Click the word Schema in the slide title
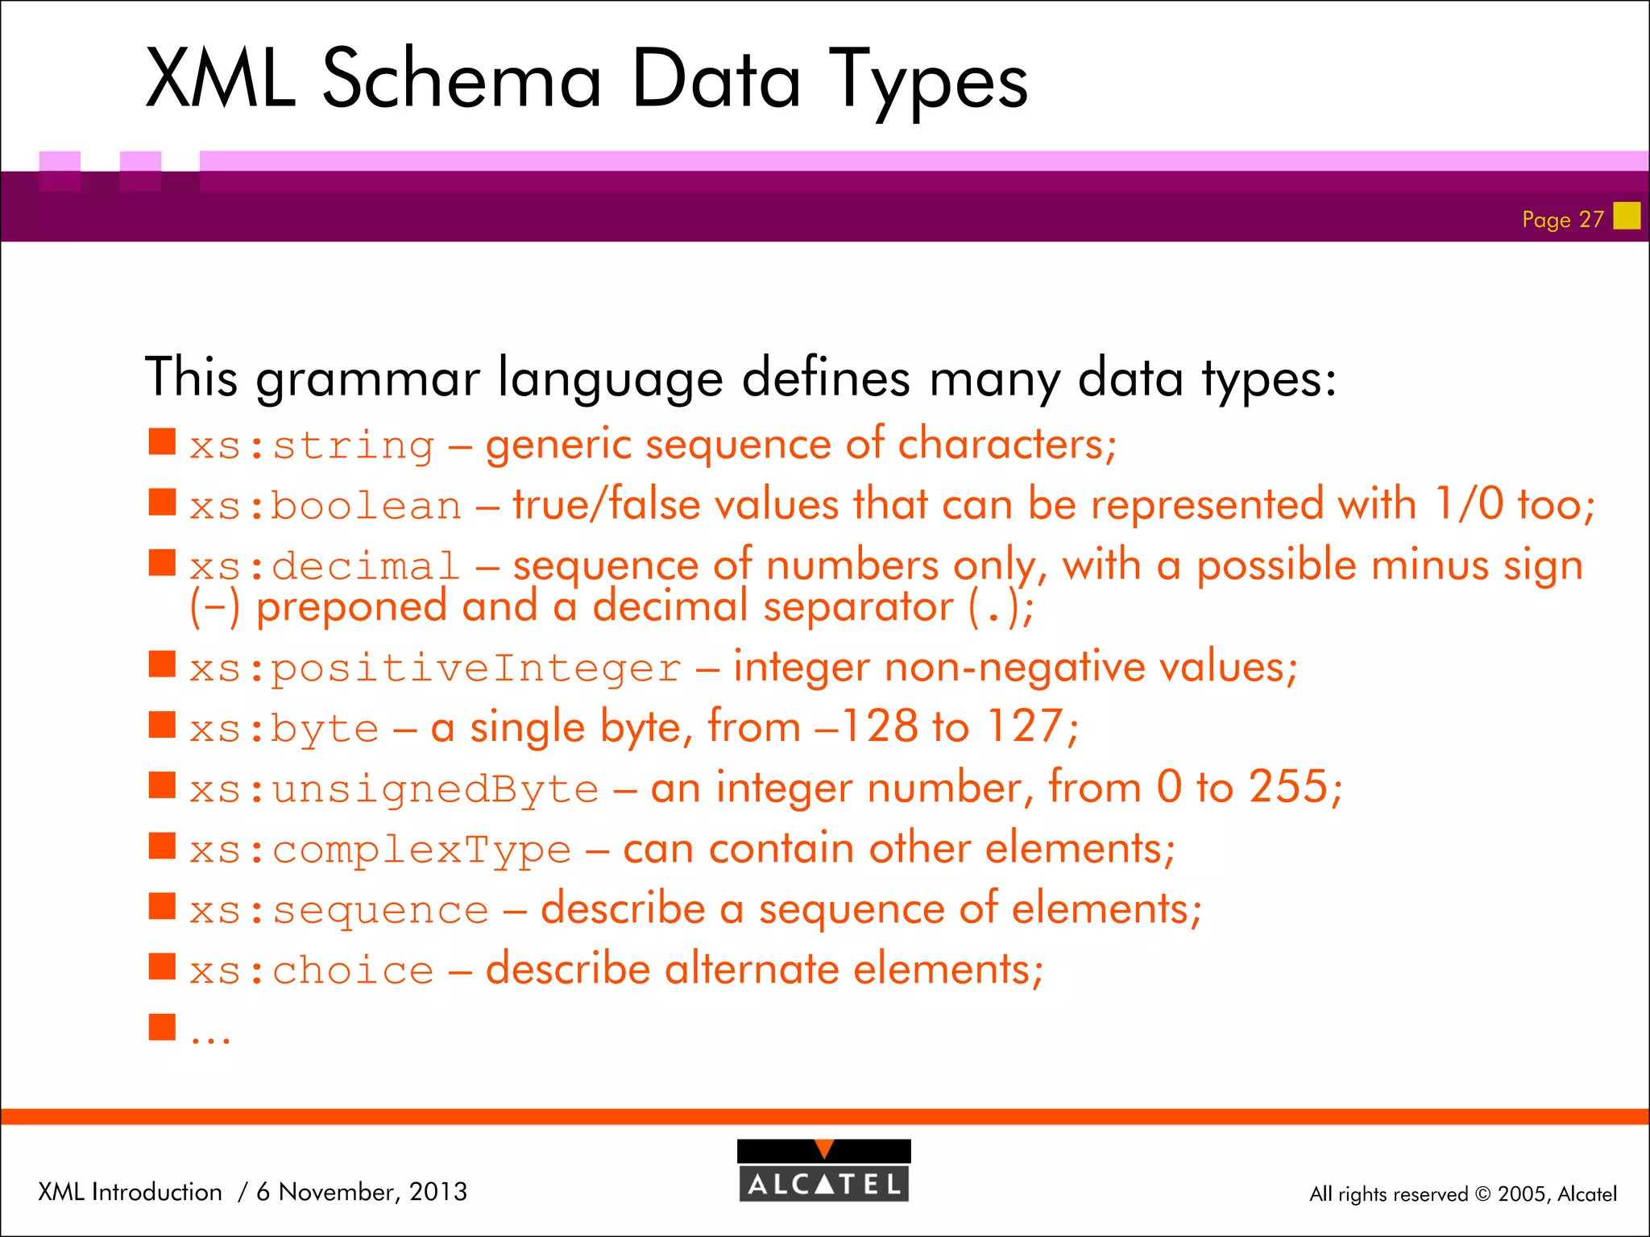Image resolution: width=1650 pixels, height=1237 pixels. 462,79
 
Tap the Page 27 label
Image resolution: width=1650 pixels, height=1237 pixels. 1562,219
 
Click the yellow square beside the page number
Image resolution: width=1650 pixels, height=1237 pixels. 1627,216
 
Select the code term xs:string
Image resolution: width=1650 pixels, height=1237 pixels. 312,445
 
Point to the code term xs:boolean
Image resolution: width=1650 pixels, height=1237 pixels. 325,507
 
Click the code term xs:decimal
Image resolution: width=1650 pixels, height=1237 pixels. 325,567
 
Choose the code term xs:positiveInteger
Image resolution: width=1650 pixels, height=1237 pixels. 435,668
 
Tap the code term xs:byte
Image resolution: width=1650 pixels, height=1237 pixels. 284,729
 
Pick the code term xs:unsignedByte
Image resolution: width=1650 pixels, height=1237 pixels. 394,789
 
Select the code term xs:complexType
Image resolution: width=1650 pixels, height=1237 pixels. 380,850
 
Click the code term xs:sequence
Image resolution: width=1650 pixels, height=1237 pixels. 339,911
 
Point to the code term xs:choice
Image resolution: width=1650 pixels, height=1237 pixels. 312,971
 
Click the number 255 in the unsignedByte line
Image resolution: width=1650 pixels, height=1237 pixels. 1287,787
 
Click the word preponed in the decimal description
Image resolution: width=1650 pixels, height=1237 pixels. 351,607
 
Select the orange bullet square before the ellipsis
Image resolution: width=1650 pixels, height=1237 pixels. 162,1027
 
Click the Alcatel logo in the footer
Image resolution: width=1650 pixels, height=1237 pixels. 823,1171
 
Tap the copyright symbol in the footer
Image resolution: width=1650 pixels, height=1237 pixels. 1482,1194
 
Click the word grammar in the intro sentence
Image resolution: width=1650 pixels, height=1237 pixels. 367,378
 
